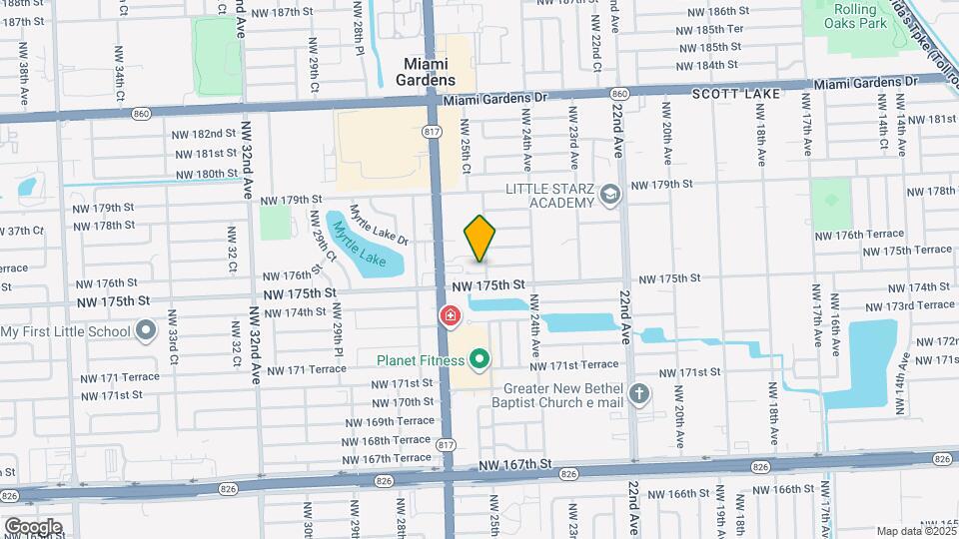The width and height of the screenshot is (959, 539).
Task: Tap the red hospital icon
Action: pyautogui.click(x=451, y=316)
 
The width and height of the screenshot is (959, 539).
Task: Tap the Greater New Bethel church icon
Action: pyautogui.click(x=638, y=394)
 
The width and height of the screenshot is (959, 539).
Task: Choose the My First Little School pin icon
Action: pyautogui.click(x=146, y=330)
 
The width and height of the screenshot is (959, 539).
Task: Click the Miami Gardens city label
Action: pyautogui.click(x=429, y=72)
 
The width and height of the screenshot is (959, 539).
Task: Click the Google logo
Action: pyautogui.click(x=32, y=526)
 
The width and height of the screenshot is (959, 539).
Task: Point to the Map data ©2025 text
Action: pyautogui.click(x=915, y=531)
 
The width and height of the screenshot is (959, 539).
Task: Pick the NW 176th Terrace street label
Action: pyautogui.click(x=858, y=235)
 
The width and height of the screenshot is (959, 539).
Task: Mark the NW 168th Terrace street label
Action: pyautogui.click(x=386, y=439)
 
